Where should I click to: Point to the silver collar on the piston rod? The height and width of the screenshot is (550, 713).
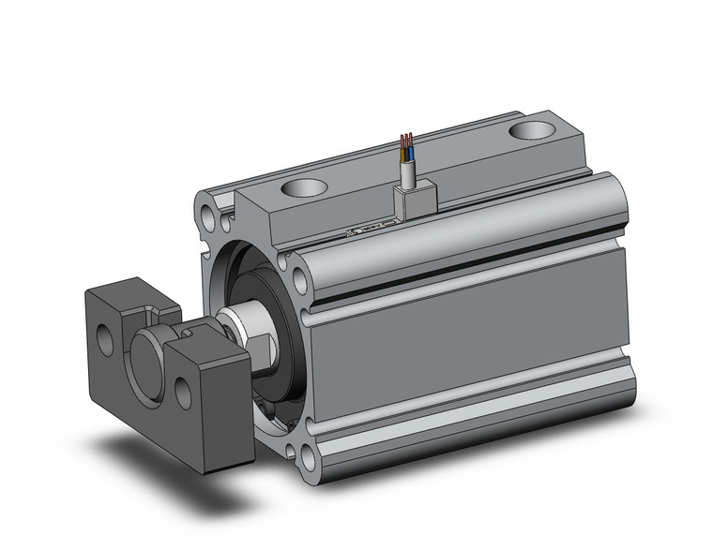point(241,325)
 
